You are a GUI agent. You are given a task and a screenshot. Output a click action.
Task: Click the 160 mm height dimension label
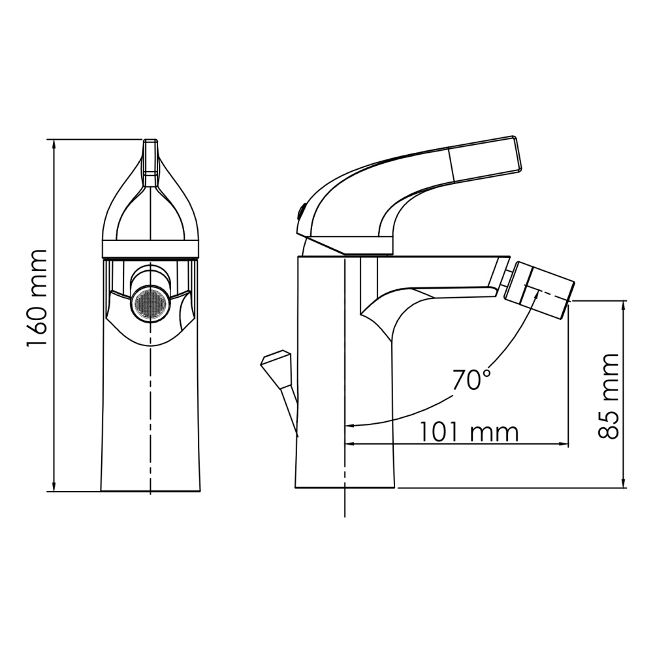pos(37,298)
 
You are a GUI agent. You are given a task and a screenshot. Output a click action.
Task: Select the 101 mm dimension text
pos(468,432)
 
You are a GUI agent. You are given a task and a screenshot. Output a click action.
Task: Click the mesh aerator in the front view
pos(151,303)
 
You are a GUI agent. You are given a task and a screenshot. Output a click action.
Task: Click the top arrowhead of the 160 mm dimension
pos(53,144)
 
